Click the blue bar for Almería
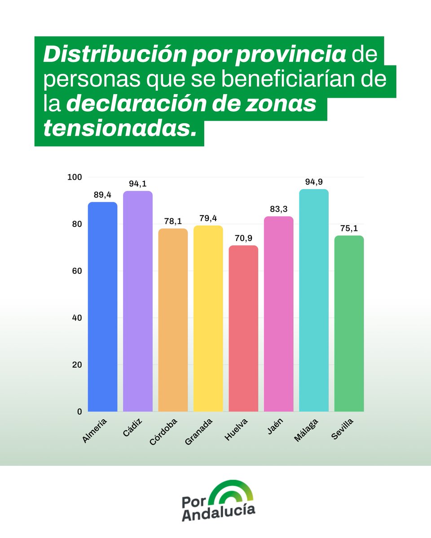tap(102, 307)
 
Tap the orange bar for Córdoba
tap(173, 320)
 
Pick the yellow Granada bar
tap(208, 318)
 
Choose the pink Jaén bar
tap(278, 314)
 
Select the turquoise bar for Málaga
tap(314, 300)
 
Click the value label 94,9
tap(314, 182)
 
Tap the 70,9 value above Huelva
tap(243, 238)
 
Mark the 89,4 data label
tap(102, 195)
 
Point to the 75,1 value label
tap(349, 228)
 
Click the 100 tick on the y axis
tap(75, 177)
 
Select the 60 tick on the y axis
tap(76, 271)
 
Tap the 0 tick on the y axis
tap(79, 411)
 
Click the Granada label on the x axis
tap(198, 431)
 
